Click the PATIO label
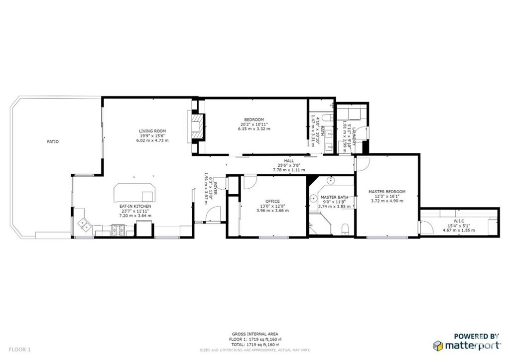53,141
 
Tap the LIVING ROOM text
152,131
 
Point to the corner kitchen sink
83,225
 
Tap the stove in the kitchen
118,230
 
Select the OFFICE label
272,201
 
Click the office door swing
248,183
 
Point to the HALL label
289,160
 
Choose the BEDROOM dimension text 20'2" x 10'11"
255,124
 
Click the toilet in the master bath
345,228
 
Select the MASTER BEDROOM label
387,192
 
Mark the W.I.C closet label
459,221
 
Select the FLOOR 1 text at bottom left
19,350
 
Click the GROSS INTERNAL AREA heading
255,334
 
